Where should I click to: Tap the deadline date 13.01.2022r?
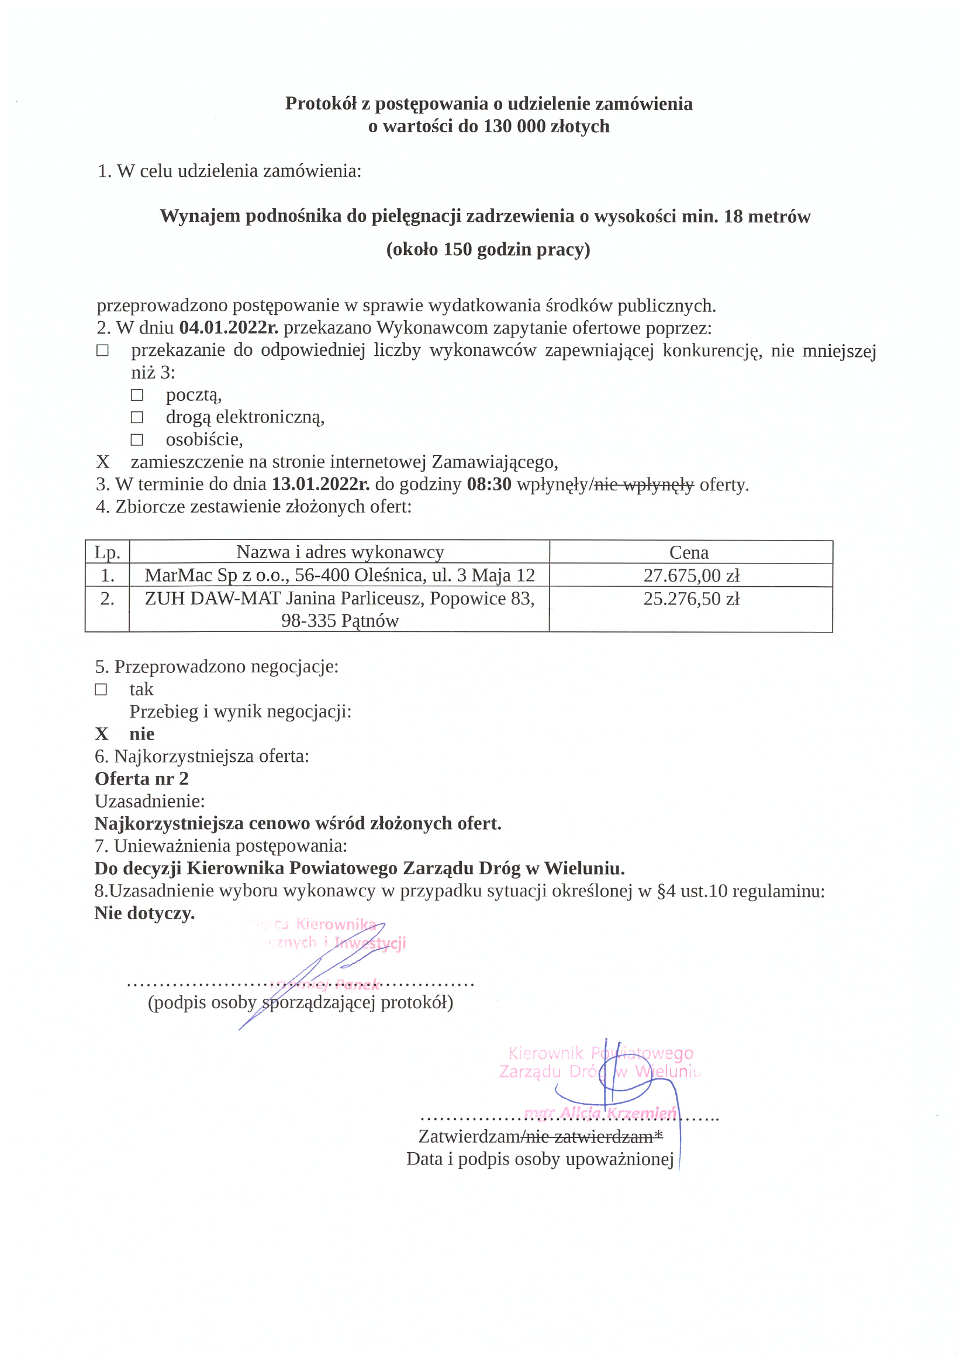click(x=320, y=484)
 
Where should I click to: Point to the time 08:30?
click(x=489, y=484)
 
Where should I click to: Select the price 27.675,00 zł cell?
click(x=690, y=575)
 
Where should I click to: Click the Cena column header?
click(x=689, y=552)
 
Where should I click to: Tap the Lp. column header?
click(x=107, y=552)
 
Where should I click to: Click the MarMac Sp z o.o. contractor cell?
click(x=340, y=575)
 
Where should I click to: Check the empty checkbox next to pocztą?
click(x=137, y=395)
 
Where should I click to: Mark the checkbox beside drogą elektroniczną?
click(x=137, y=417)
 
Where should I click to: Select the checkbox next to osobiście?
click(x=137, y=440)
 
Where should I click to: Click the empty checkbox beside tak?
click(x=101, y=689)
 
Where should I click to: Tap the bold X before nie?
click(x=102, y=734)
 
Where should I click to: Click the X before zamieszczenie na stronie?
click(x=103, y=462)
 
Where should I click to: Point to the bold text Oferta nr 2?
click(x=141, y=778)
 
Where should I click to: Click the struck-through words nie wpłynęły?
click(x=644, y=484)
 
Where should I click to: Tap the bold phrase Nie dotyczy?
click(x=144, y=913)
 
